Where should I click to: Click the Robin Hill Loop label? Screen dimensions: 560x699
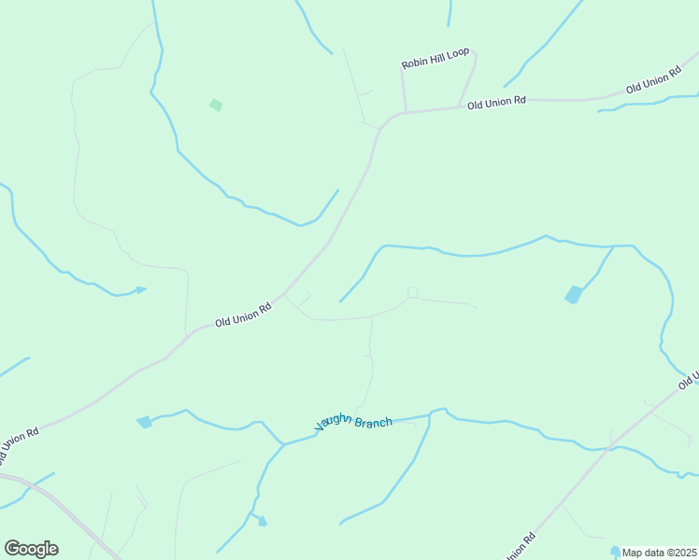tap(435, 59)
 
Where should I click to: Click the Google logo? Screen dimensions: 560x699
tap(31, 549)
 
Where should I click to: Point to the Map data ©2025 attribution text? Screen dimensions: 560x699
tap(659, 552)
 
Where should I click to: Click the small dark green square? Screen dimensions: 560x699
tap(216, 105)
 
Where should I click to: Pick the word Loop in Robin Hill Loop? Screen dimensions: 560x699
tap(458, 54)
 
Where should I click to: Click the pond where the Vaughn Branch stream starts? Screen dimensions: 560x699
tap(144, 422)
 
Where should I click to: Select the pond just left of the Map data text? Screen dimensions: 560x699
tap(615, 551)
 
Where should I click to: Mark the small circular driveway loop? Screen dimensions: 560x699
tap(412, 293)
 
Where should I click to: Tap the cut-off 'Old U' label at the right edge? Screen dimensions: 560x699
tap(690, 379)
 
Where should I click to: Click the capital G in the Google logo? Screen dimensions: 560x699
tap(13, 549)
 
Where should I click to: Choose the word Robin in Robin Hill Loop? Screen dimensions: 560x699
tap(414, 63)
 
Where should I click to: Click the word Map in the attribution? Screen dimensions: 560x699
tap(633, 552)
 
